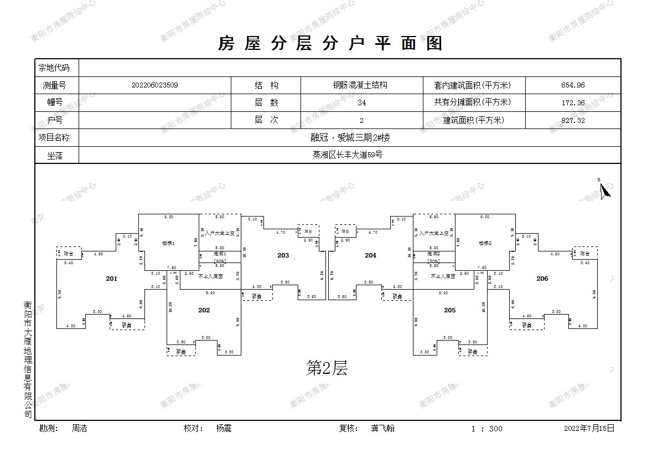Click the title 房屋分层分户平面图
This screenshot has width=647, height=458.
(x=330, y=43)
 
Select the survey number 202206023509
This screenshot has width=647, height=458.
(x=155, y=85)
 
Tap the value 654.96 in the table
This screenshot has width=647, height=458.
(x=572, y=85)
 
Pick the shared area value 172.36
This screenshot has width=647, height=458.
(x=572, y=102)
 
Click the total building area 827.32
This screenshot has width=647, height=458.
(x=572, y=120)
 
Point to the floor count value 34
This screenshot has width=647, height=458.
(x=361, y=102)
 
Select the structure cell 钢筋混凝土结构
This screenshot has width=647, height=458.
(x=360, y=85)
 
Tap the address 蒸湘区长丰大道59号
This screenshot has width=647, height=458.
(x=347, y=155)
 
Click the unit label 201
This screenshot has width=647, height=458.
(x=112, y=279)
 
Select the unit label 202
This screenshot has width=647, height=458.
(x=204, y=310)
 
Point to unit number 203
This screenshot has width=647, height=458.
(x=283, y=255)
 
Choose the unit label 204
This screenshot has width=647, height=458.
(x=370, y=255)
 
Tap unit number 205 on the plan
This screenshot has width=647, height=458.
(x=449, y=310)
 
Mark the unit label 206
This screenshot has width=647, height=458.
(x=542, y=279)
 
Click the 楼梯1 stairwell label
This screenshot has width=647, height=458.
(x=168, y=243)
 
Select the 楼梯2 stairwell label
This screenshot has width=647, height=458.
(x=485, y=243)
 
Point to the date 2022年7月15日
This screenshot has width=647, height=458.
(x=589, y=428)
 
